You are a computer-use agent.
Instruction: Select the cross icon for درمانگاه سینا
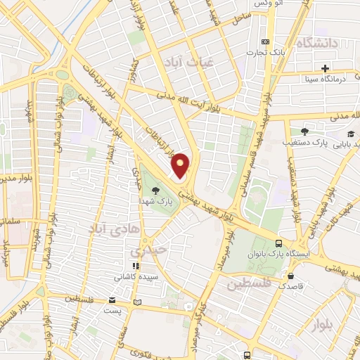pos(325,68)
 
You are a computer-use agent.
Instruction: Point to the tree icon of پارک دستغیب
pos(304,131)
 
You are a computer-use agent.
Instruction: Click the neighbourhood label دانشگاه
pos(319,44)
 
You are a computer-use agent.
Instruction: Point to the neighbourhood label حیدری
pos(147,250)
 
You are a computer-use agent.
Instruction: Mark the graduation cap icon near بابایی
pos(350,134)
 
